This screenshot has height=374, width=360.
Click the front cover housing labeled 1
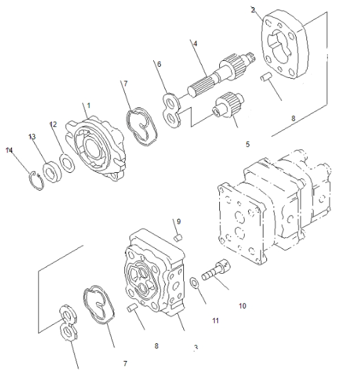click(98, 148)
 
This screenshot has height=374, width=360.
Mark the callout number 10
click(242, 305)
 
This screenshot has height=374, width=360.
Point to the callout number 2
click(253, 9)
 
